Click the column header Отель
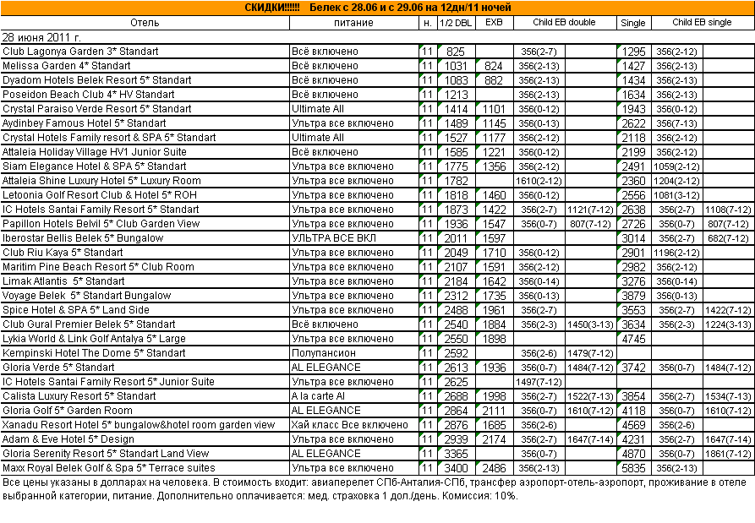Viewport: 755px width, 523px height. (x=145, y=23)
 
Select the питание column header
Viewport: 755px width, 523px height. (x=353, y=23)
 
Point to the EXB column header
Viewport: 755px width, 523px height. (x=493, y=23)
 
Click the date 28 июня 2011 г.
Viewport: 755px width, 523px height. (x=42, y=37)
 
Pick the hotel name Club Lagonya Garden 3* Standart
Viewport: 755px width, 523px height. (x=80, y=52)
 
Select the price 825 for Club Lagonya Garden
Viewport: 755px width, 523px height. (x=456, y=52)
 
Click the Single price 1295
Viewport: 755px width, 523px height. (x=633, y=52)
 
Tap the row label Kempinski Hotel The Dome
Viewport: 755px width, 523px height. (x=94, y=353)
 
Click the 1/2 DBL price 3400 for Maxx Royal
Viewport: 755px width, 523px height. (x=456, y=468)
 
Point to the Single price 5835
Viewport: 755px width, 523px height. (x=633, y=468)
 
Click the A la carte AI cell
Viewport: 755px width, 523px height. (x=318, y=396)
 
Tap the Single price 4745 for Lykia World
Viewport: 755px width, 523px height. (x=633, y=339)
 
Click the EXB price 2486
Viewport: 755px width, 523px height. (x=493, y=468)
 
